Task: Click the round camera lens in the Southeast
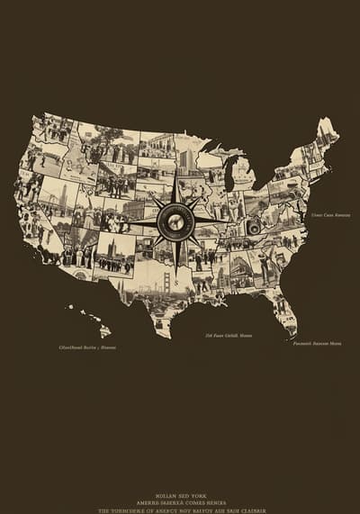pyautogui.click(x=255, y=228)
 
